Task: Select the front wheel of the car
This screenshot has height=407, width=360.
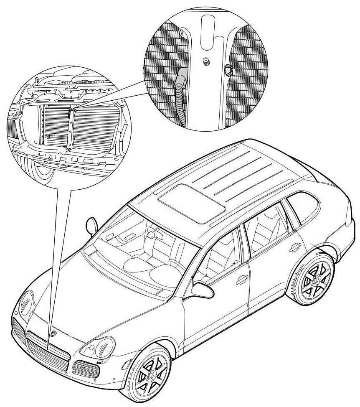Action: [x=151, y=374]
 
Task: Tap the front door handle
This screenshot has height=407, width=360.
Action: [x=241, y=281]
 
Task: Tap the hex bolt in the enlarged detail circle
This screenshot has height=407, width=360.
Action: [x=205, y=62]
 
